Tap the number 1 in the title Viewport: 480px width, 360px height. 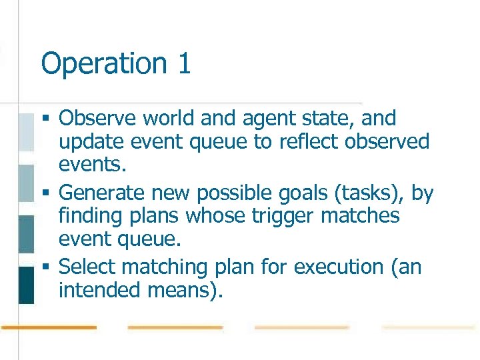point(184,64)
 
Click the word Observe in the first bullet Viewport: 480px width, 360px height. point(100,119)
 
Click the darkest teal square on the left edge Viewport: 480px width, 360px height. point(25,285)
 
